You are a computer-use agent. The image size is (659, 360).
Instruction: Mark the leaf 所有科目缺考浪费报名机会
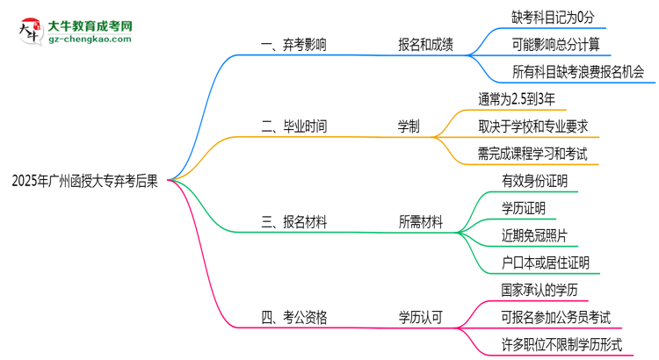click(578, 72)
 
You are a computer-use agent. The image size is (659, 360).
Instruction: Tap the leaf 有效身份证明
click(534, 181)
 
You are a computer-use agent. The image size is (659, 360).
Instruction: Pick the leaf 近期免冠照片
click(534, 235)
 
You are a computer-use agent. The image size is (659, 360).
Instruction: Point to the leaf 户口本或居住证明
click(546, 263)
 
